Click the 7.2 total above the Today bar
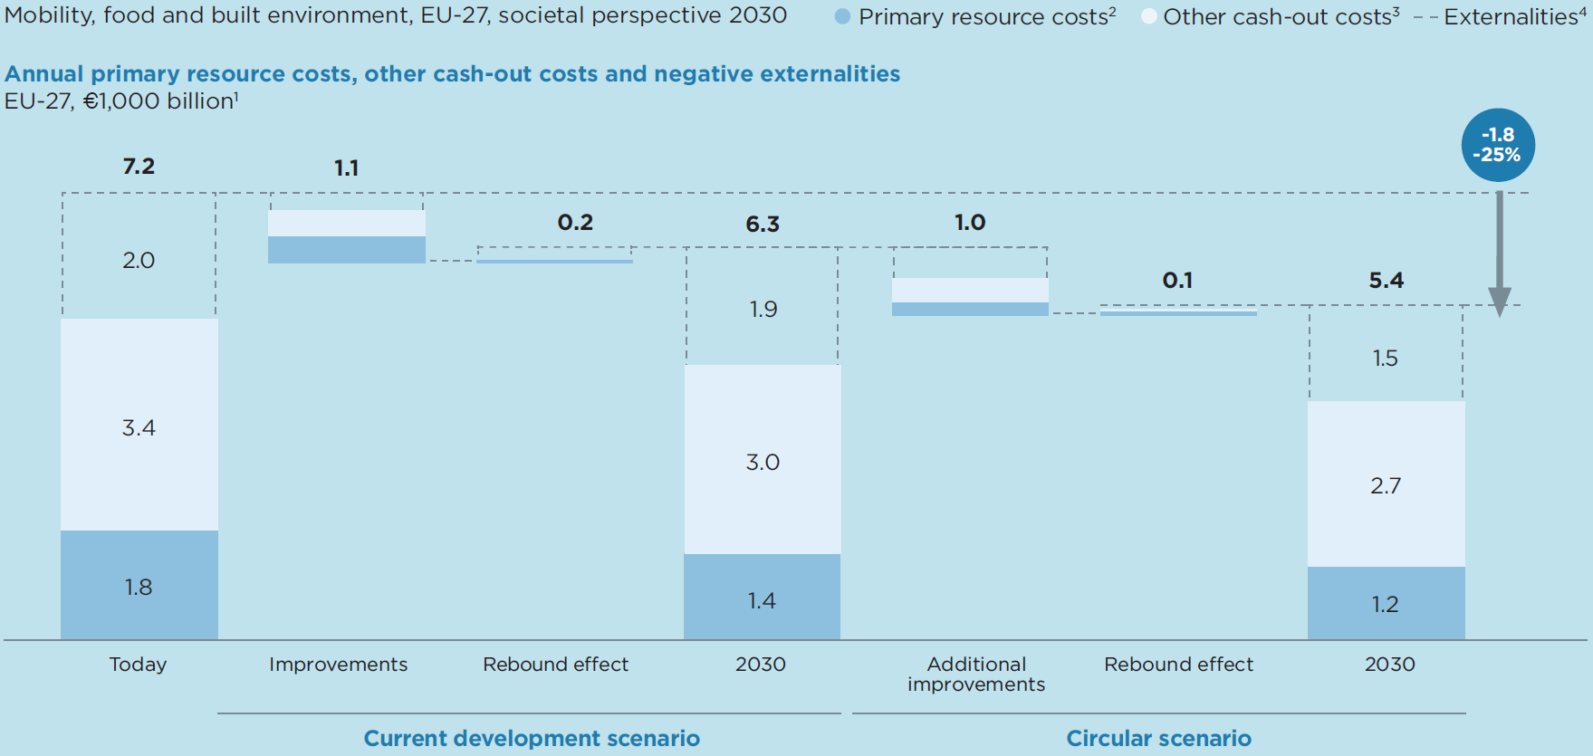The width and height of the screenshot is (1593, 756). (139, 167)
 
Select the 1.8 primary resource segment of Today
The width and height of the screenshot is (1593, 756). (139, 586)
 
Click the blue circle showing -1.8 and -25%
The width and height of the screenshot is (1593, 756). (1497, 145)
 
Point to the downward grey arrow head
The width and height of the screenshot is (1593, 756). (1499, 301)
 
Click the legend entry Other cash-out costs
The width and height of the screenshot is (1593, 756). (1272, 16)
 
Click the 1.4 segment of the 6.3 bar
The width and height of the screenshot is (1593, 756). (762, 598)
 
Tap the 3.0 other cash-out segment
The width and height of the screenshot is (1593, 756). (762, 461)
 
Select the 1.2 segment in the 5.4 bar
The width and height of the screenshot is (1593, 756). (1386, 603)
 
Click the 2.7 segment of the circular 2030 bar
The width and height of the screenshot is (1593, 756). (1386, 484)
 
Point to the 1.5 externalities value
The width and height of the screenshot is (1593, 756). (1385, 358)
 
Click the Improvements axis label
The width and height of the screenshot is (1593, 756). (338, 664)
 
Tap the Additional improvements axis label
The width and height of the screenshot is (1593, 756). (975, 674)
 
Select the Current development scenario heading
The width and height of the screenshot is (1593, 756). (532, 738)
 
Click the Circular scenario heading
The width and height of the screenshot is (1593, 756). (1158, 738)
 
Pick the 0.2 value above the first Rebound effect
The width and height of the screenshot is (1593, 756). (575, 223)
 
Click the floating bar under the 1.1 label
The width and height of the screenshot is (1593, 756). (346, 238)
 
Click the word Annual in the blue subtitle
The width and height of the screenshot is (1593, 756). (44, 73)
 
